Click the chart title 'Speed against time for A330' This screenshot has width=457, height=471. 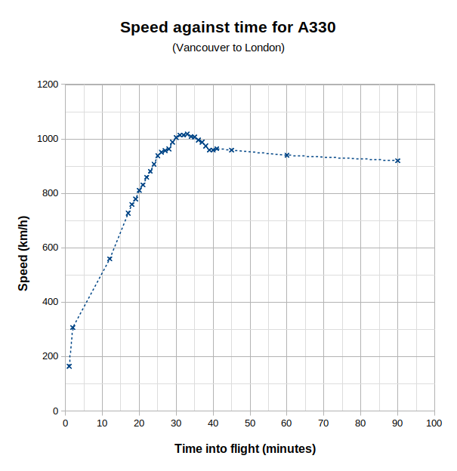[228, 28]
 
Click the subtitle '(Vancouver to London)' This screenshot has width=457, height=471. [228, 48]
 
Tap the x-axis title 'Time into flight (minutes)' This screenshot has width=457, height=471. [245, 448]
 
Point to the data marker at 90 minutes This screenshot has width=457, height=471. [397, 160]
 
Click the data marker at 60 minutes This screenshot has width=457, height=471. [287, 155]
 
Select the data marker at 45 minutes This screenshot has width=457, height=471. [231, 149]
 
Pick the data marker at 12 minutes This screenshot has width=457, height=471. [110, 259]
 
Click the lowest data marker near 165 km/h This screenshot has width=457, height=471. [69, 366]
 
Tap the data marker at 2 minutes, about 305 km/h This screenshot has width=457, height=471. [73, 328]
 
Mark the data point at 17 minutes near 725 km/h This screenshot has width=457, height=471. [128, 214]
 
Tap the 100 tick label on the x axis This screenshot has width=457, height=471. [434, 423]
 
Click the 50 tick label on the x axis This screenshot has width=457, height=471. [249, 423]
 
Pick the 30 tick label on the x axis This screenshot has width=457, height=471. [176, 423]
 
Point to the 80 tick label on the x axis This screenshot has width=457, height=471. [360, 423]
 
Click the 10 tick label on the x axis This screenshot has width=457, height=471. [102, 423]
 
